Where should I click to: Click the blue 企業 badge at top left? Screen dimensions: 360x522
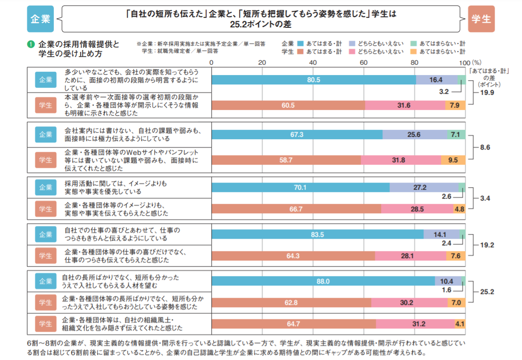pos(40,19)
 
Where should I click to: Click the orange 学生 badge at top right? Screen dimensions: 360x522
pos(481,19)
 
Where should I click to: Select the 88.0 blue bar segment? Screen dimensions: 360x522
pos(323,281)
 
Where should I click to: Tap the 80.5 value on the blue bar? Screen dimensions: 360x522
pos(314,80)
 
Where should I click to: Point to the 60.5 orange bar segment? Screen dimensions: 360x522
pos(288,105)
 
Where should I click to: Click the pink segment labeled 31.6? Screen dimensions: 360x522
pos(405,105)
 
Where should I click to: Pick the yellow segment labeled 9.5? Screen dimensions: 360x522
pos(453,160)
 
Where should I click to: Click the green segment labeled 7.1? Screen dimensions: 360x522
pos(456,135)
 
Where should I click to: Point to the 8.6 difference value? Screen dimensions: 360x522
pos(485,148)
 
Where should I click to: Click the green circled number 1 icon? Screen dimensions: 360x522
pos(31,44)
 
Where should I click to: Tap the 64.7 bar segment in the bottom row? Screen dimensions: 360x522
pos(294,324)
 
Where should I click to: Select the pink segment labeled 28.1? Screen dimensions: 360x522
pos(411,256)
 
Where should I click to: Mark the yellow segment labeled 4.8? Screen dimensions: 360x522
pos(459,209)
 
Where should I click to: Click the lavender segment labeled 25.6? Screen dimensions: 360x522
pos(414,135)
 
